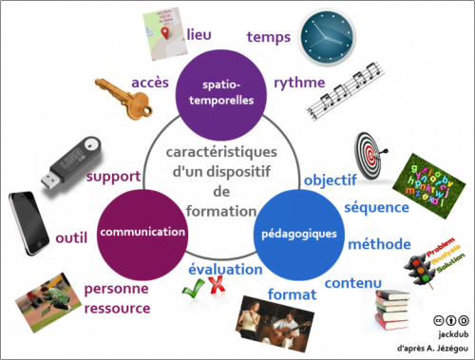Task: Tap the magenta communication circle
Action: coord(142,232)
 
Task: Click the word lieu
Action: coord(199,35)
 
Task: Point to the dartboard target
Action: coord(371,151)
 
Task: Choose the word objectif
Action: coord(329,178)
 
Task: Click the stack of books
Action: coord(389,310)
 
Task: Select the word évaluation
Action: coord(224,269)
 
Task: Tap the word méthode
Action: coord(379,242)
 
